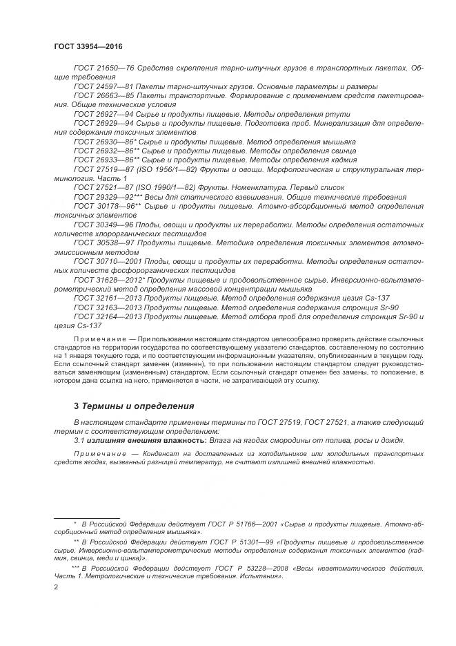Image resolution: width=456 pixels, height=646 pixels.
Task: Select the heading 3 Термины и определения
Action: point(124,406)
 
